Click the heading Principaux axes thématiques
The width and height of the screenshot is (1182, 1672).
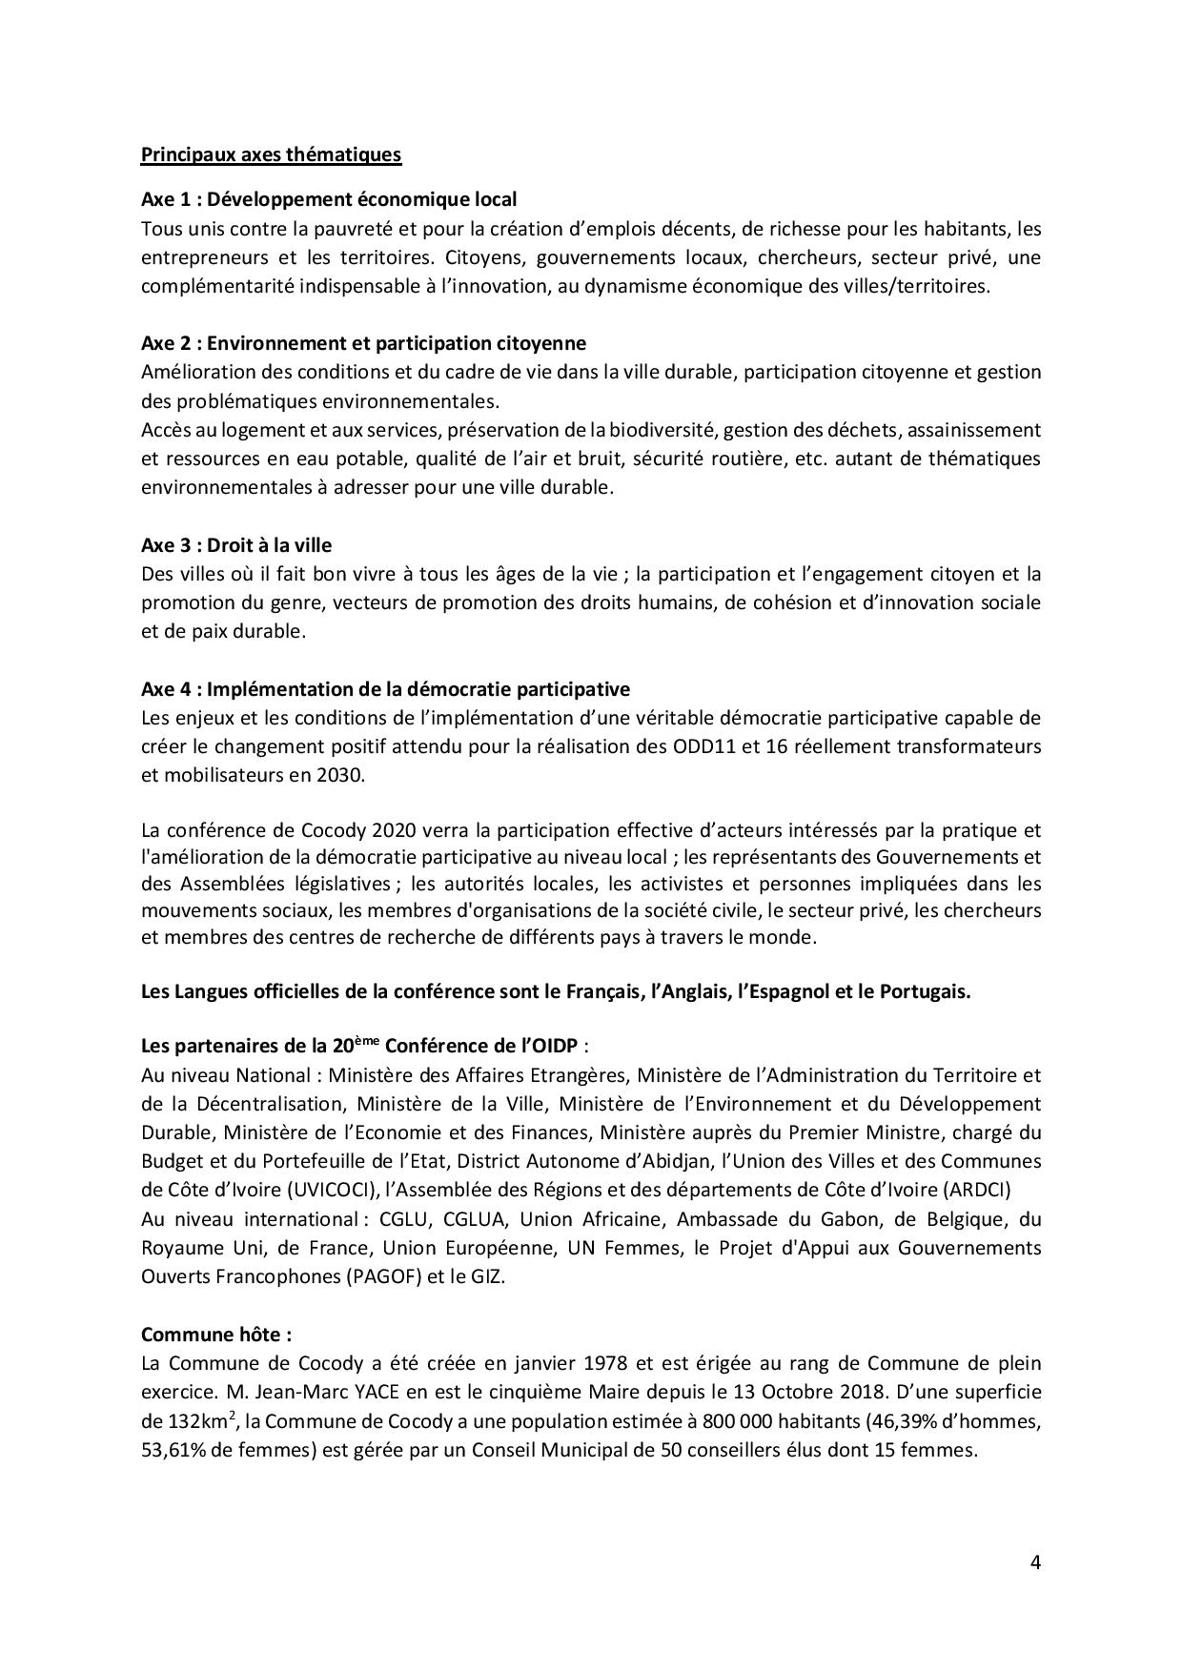click(x=271, y=154)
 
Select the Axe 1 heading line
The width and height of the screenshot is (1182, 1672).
click(x=329, y=199)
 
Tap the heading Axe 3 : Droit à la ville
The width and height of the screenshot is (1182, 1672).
click(x=236, y=545)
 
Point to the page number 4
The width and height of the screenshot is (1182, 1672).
click(x=1035, y=1562)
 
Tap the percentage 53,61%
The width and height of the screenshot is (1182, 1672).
click(x=174, y=1451)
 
